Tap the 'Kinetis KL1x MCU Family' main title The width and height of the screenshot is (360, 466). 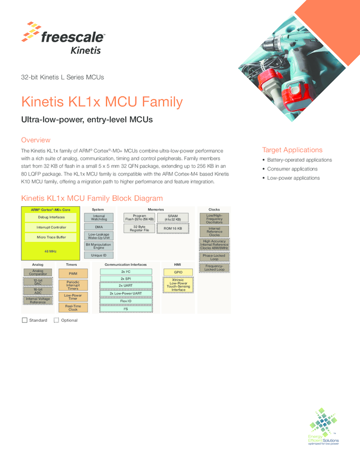pyautogui.click(x=102, y=102)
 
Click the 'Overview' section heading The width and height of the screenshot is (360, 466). pyautogui.click(x=36, y=140)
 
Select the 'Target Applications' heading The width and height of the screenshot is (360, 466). pyautogui.click(x=292, y=150)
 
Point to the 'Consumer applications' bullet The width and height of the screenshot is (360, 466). pyautogui.click(x=292, y=169)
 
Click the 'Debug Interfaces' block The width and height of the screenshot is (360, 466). pyautogui.click(x=51, y=217)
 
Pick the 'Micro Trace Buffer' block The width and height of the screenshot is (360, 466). pyautogui.click(x=51, y=237)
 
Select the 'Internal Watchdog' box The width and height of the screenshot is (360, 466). pyautogui.click(x=99, y=218)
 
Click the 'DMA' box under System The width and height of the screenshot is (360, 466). pyautogui.click(x=99, y=227)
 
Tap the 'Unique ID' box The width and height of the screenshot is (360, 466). pyautogui.click(x=99, y=255)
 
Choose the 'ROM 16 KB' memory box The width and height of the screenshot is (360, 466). pyautogui.click(x=173, y=229)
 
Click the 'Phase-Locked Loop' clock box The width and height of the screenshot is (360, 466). pyautogui.click(x=214, y=257)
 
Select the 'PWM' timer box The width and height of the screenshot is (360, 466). pyautogui.click(x=73, y=274)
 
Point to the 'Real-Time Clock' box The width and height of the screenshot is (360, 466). pyautogui.click(x=73, y=308)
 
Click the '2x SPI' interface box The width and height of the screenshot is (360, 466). pyautogui.click(x=125, y=279)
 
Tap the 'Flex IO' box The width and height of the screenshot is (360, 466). pyautogui.click(x=125, y=301)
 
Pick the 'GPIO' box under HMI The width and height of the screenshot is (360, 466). pyautogui.click(x=178, y=272)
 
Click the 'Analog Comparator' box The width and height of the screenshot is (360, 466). pyautogui.click(x=38, y=272)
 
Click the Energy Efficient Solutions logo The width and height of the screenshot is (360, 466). pyautogui.click(x=323, y=427)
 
